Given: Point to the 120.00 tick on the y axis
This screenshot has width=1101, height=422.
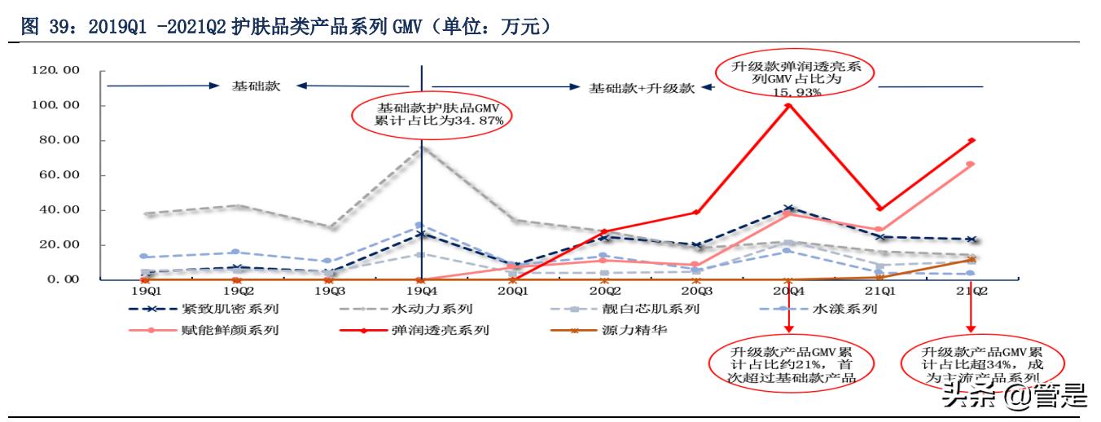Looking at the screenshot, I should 55,71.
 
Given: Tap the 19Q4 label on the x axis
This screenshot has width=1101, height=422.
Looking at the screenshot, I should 420,290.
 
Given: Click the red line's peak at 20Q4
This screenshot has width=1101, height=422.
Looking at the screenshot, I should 788,105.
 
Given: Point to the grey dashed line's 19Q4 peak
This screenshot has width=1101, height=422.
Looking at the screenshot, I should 421,147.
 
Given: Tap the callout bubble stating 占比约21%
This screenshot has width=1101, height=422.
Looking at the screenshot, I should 787,363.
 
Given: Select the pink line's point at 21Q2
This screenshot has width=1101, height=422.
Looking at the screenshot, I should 971,164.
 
